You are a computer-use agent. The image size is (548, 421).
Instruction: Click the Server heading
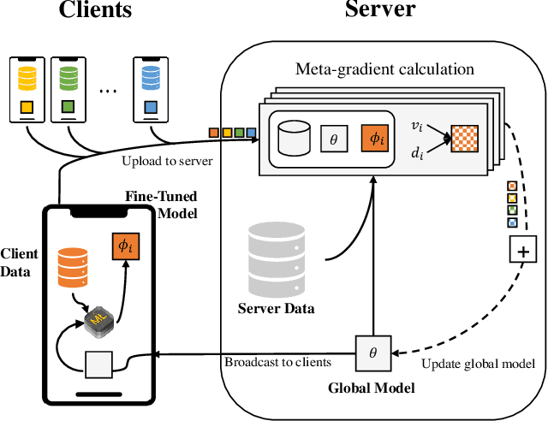(x=379, y=11)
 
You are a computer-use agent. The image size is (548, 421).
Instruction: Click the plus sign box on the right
(x=521, y=251)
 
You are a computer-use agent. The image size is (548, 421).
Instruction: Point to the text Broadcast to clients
(x=278, y=362)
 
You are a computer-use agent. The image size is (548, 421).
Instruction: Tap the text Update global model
(x=479, y=364)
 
